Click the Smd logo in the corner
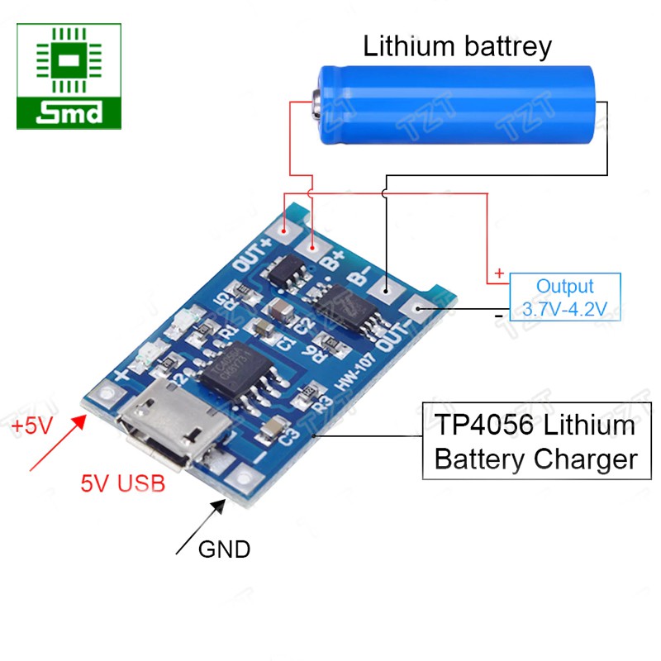[69, 76]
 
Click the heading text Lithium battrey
[457, 45]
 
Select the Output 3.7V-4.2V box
[564, 298]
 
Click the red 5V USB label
[122, 483]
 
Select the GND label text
[224, 548]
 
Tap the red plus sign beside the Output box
[498, 273]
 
